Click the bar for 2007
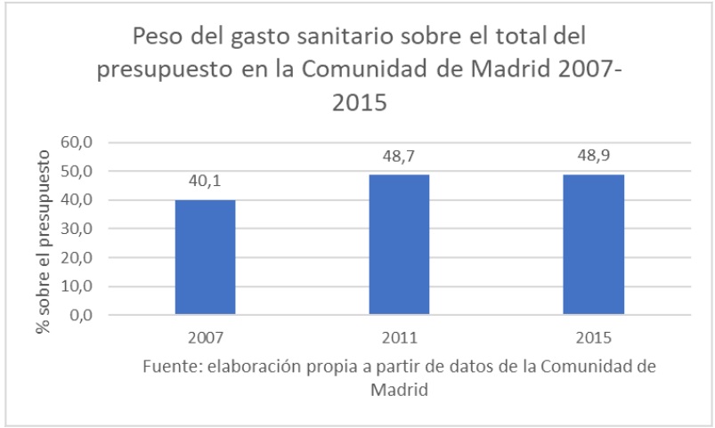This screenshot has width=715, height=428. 205,257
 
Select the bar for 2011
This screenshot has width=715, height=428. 399,245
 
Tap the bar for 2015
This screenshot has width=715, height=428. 593,245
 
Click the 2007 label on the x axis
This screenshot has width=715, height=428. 205,339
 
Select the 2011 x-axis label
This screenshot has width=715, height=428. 399,339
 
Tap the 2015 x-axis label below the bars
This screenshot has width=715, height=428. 593,339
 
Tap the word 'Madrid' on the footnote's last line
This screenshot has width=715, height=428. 399,390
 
